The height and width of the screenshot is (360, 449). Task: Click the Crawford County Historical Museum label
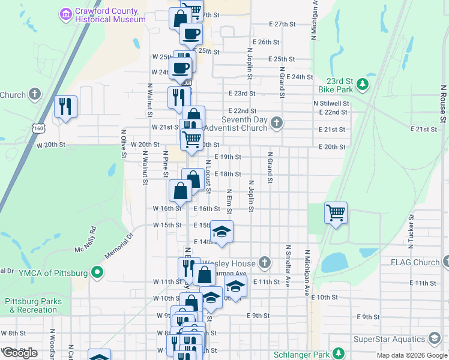pos(110,15)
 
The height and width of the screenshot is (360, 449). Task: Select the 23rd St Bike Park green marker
pos(362,85)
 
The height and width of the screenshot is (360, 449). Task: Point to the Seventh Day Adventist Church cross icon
pos(276,123)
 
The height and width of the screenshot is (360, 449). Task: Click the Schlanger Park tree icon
pos(339,353)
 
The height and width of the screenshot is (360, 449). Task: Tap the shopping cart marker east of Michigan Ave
pos(336,212)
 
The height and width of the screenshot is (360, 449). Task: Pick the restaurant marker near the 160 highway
pos(65,107)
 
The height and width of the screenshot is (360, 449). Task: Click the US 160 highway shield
pos(39,128)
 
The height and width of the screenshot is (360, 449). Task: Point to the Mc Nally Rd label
pos(85,239)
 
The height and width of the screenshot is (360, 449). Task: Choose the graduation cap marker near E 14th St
pos(221,232)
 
